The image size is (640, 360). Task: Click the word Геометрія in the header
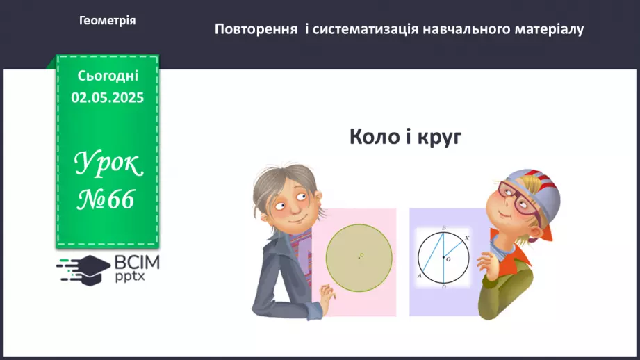click(108, 21)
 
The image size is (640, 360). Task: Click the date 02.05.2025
click(108, 98)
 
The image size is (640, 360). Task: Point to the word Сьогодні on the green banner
click(108, 75)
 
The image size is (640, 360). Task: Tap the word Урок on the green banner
click(108, 165)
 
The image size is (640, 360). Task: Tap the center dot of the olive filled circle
click(359, 257)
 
